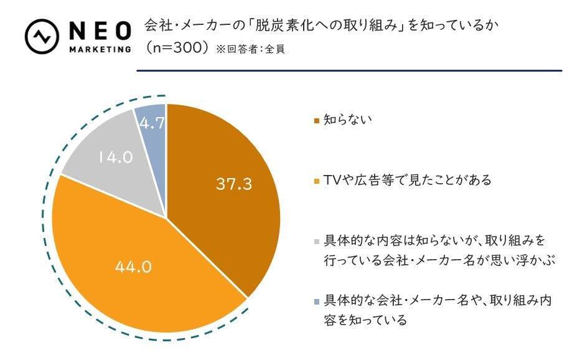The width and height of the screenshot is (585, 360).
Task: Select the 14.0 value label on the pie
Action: coord(115,158)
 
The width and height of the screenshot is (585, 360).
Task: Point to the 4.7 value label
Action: coord(152,123)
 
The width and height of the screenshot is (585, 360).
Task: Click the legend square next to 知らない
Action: coord(317,120)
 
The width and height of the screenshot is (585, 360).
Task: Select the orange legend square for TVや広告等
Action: coord(317,181)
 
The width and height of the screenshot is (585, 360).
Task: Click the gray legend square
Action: coord(317,240)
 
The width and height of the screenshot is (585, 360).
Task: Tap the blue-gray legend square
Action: coord(317,301)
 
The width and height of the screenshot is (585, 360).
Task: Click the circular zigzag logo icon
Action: coord(42,36)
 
